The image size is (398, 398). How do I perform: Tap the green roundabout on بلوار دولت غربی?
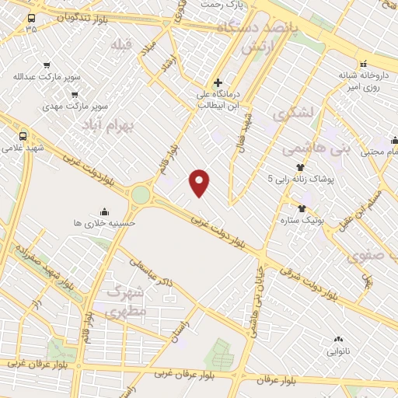click(141, 194)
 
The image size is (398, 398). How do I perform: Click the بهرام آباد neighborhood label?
click(108, 124)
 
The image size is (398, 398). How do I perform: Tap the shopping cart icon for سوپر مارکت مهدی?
click(73, 93)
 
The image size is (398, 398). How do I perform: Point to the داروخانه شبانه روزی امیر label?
click(362, 81)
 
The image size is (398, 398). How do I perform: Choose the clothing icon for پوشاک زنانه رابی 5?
click(300, 167)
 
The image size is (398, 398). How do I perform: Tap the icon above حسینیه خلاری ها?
click(104, 211)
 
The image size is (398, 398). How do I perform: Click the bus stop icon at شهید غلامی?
click(23, 134)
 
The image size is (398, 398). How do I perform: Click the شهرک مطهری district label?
click(124, 302)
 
